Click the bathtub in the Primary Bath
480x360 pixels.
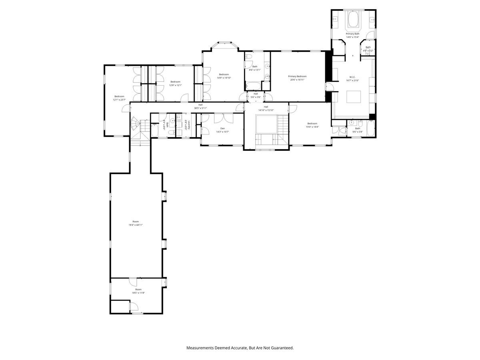352,20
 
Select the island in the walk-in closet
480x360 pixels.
353,97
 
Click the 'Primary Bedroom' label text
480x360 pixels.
297,76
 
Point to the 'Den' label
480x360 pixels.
222,128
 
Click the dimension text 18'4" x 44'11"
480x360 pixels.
136,225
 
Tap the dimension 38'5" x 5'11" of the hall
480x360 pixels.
200,108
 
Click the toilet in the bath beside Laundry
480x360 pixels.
170,132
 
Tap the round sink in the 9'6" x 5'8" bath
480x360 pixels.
351,123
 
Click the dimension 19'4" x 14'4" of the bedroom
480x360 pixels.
312,127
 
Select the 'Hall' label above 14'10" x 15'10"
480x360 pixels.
266,107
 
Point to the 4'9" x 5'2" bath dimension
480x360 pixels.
368,51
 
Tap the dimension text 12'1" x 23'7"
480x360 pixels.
119,100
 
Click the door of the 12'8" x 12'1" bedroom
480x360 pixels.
184,97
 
